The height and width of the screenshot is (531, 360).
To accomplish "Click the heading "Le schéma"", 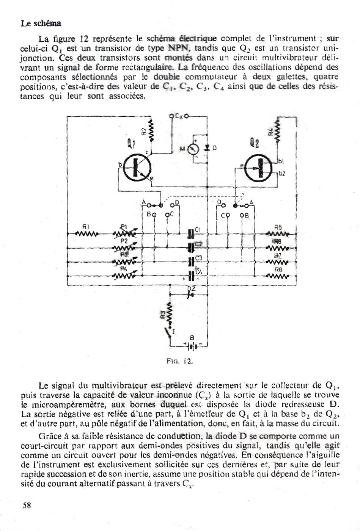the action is (x=41, y=23).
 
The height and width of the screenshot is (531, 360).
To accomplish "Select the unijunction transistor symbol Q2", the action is (x=258, y=169).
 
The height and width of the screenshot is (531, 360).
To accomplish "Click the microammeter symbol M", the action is (x=193, y=149).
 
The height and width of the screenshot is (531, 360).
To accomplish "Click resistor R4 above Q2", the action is (x=277, y=131).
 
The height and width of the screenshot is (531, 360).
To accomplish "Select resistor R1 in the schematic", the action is (x=86, y=234).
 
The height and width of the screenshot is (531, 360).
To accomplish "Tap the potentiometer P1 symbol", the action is (x=125, y=234).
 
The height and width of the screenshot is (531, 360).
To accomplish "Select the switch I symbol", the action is (x=169, y=333).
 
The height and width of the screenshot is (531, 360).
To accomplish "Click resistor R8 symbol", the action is (x=278, y=276).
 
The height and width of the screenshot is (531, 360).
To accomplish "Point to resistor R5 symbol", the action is (x=278, y=234).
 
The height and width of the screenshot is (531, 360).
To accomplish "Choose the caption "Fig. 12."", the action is (x=180, y=361).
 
